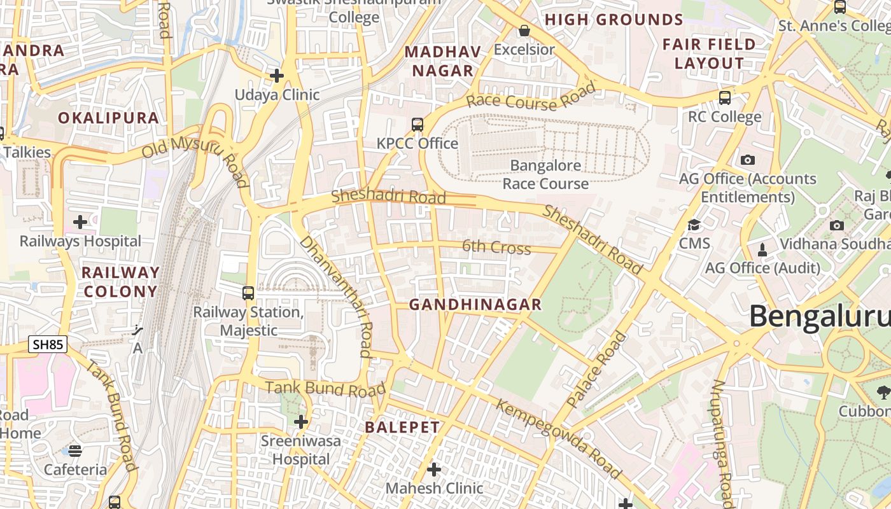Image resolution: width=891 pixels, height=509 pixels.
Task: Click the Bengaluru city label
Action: [820, 316]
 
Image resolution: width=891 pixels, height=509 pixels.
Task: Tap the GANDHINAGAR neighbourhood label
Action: [475, 305]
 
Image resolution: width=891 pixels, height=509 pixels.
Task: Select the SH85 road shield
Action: [48, 345]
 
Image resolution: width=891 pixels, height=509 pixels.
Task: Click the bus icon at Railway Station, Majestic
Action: [248, 293]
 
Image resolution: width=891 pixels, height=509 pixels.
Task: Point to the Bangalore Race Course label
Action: [545, 175]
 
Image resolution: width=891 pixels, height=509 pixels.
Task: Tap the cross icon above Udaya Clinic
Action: [277, 76]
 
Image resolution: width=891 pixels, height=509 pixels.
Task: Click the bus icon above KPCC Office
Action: [417, 124]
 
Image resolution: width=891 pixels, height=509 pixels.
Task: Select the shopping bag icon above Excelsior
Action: [524, 31]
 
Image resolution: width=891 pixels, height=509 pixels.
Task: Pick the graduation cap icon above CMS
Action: [694, 225]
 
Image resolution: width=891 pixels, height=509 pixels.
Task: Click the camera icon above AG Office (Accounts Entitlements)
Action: [748, 160]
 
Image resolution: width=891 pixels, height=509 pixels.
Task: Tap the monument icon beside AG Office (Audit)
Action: [762, 249]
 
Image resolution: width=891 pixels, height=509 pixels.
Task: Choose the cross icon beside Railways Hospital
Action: [80, 222]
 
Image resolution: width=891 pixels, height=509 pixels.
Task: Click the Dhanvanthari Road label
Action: [336, 296]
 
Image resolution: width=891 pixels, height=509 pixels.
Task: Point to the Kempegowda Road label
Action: [558, 439]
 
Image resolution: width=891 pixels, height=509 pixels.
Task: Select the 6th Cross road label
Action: [496, 247]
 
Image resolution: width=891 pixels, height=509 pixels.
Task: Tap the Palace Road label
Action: [596, 370]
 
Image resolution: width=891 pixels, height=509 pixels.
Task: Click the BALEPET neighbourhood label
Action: [402, 428]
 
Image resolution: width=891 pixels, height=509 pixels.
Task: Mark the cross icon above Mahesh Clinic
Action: [434, 470]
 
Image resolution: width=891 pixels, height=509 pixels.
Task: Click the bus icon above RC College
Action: [724, 98]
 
